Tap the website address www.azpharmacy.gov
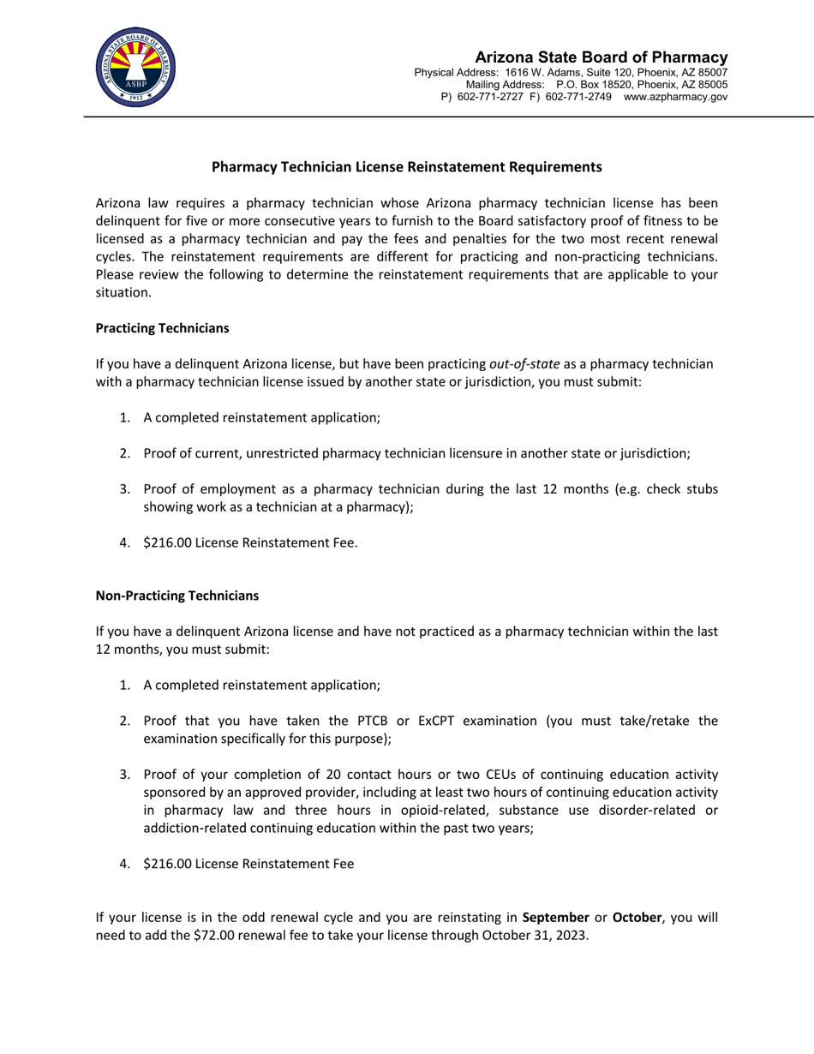pyautogui.click(x=675, y=98)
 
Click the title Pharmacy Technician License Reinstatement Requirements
pyautogui.click(x=406, y=167)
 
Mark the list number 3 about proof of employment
pyautogui.click(x=124, y=488)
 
